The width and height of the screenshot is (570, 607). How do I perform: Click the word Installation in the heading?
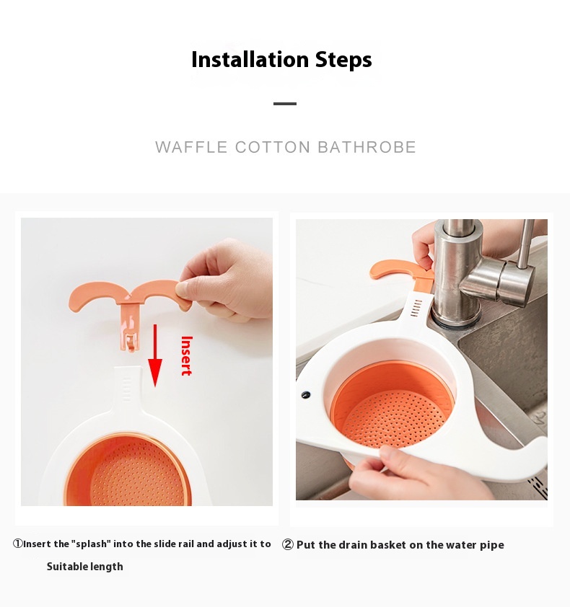click(250, 60)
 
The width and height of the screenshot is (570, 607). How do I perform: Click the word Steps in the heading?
click(343, 61)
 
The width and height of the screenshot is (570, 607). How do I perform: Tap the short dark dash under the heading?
click(285, 104)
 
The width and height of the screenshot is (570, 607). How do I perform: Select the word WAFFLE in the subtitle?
click(191, 147)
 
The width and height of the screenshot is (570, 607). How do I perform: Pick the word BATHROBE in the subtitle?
click(367, 147)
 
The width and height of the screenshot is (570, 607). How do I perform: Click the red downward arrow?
click(155, 355)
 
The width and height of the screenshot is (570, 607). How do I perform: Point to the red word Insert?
click(187, 355)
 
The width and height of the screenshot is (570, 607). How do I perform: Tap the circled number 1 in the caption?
click(18, 544)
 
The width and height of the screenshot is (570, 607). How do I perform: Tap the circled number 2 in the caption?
click(287, 545)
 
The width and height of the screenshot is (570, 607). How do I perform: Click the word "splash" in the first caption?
click(91, 544)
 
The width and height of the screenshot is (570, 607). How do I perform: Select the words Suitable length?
click(85, 567)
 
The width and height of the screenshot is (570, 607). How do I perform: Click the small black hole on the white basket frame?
click(306, 395)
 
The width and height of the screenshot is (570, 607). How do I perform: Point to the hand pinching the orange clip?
click(224, 280)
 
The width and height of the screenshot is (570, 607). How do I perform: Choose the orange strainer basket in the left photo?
click(128, 470)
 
